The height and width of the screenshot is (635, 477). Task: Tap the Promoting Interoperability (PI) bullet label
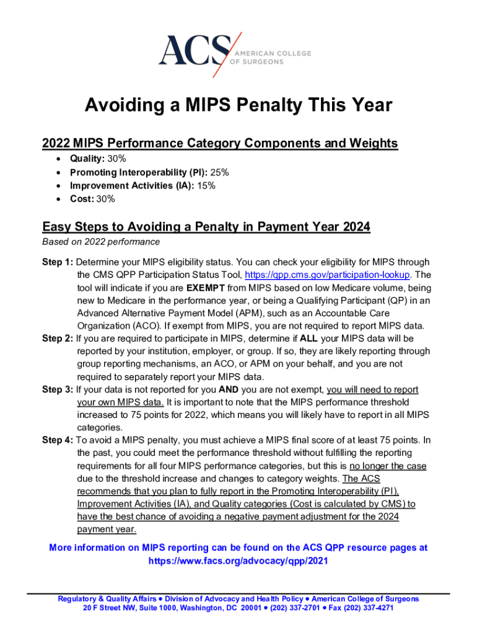tap(139, 172)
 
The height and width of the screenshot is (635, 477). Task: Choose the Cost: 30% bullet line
tap(92, 199)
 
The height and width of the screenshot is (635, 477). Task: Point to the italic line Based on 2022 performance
tap(100, 241)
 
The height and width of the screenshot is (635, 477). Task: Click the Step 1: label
tap(58, 262)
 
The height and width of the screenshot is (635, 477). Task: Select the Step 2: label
tap(58, 339)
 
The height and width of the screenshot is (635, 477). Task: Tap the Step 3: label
tap(58, 389)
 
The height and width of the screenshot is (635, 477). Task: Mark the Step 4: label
tap(58, 440)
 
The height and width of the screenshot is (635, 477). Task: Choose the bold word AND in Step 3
tap(229, 389)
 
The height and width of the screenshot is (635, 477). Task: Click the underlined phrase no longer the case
tap(388, 466)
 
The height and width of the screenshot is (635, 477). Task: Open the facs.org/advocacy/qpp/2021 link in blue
tap(238, 561)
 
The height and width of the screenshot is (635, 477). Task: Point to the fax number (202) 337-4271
tap(370, 608)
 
